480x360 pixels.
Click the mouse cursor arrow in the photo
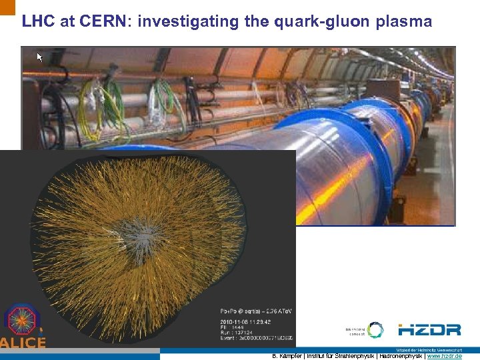tap(39, 57)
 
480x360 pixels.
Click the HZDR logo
tap(429, 330)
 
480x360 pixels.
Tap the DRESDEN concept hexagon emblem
tap(375, 330)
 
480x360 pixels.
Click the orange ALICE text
tap(23, 343)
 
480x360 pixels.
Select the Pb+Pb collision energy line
tap(256, 311)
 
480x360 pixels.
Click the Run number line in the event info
tap(239, 333)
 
